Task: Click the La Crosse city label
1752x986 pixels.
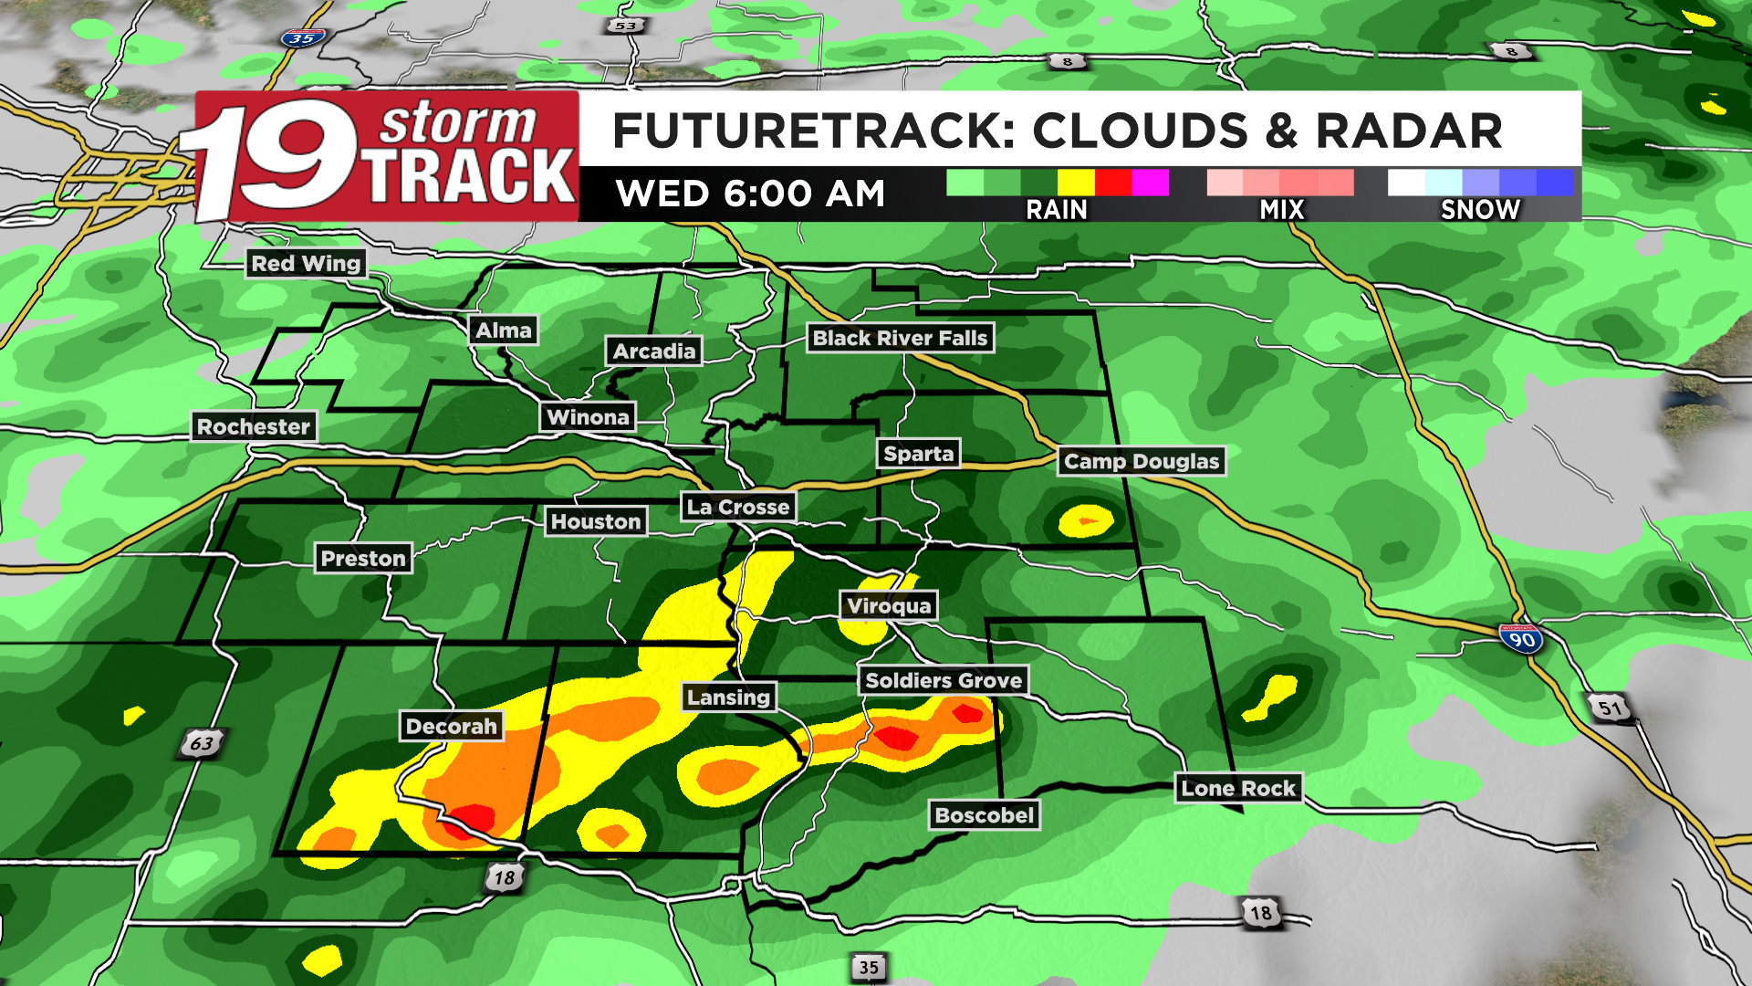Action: [x=738, y=507]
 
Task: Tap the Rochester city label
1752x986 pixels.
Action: [x=254, y=426]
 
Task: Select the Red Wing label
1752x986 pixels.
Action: [x=307, y=264]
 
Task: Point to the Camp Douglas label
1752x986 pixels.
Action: [x=1142, y=461]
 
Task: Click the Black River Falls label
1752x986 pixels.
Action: [x=900, y=338]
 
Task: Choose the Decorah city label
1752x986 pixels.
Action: [x=452, y=727]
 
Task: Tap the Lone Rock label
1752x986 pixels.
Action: [x=1238, y=788]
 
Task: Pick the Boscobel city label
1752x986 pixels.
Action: [x=985, y=815]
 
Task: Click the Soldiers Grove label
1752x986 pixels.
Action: [x=944, y=680]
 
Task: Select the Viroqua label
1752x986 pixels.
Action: [x=889, y=605]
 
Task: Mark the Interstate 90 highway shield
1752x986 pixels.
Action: [x=1521, y=638]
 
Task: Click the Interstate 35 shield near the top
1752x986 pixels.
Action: [x=303, y=38]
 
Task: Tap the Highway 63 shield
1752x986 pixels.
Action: [x=201, y=743]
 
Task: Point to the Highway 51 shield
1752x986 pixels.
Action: [x=1610, y=708]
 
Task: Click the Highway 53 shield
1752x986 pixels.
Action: [x=626, y=26]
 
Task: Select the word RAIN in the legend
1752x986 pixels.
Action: [x=1057, y=210]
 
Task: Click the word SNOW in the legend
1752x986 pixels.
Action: [x=1480, y=210]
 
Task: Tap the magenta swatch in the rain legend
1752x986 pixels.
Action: [x=1150, y=183]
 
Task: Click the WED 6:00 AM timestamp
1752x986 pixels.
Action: [x=750, y=194]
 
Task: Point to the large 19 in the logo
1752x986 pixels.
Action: [x=274, y=157]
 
